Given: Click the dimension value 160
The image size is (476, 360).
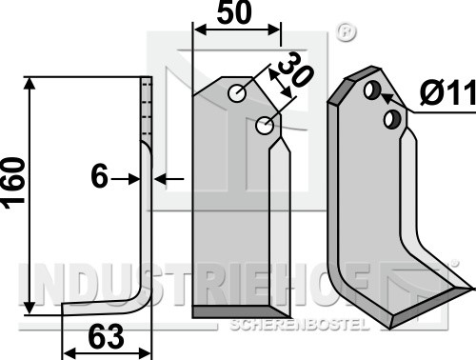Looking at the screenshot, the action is (x=14, y=183).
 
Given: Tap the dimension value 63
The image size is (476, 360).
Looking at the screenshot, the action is (x=106, y=337).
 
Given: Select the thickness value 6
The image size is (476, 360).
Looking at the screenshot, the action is (x=99, y=176).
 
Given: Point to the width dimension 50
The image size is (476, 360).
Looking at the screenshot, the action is (x=234, y=12).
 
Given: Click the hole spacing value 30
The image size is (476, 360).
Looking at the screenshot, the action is (x=296, y=69).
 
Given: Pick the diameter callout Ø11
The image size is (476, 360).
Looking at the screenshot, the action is (x=447, y=93).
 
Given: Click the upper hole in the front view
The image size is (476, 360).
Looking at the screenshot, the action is (x=237, y=93).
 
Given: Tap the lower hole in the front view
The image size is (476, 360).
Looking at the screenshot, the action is (x=265, y=125).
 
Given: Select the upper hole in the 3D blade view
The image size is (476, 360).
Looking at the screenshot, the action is (x=372, y=90).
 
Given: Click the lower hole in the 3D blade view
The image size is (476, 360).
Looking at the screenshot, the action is (x=392, y=119).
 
